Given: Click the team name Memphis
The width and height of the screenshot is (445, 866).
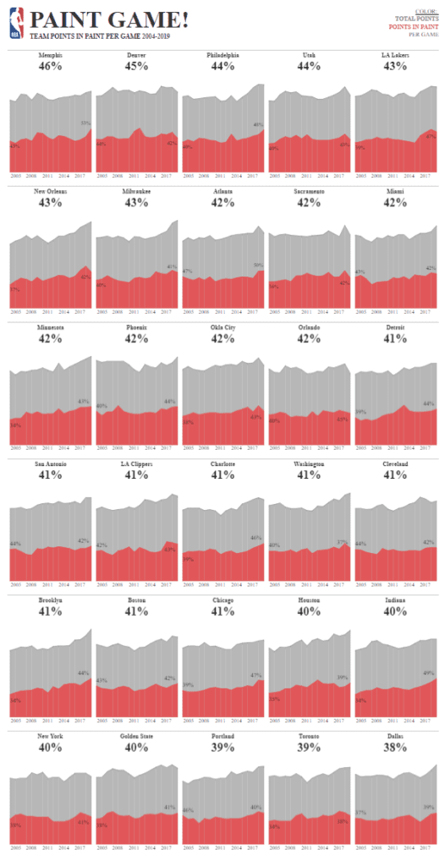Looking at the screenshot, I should (x=50, y=55).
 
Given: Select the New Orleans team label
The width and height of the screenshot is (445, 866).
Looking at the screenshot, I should (x=50, y=192).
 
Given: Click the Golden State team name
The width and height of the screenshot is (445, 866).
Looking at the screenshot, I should (x=135, y=737).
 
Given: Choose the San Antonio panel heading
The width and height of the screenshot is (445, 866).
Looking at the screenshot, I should (x=50, y=463).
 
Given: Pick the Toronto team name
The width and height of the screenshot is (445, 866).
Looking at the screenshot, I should (x=308, y=737).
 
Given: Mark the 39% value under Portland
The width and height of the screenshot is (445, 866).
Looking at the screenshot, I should (x=222, y=748).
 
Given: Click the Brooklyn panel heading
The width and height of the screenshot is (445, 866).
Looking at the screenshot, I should (x=50, y=600).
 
